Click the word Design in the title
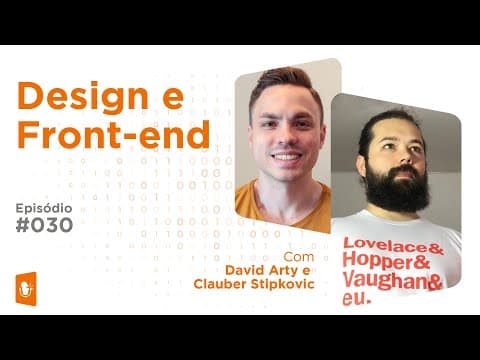pyautogui.click(x=83, y=97)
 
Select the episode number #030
pyautogui.click(x=48, y=226)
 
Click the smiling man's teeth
pyautogui.click(x=286, y=156)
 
